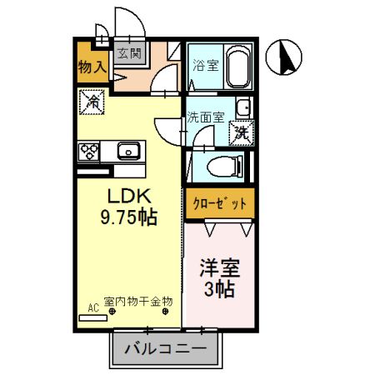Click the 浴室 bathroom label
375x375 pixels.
pos(206,65)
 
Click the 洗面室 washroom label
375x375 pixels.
pos(205,117)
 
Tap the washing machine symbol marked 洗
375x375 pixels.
pos(242,131)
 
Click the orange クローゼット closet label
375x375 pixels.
pos(218,202)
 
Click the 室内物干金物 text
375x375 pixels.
pos(137,301)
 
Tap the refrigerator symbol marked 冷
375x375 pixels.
pos(93,103)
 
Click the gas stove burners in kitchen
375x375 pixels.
pos(89,151)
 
